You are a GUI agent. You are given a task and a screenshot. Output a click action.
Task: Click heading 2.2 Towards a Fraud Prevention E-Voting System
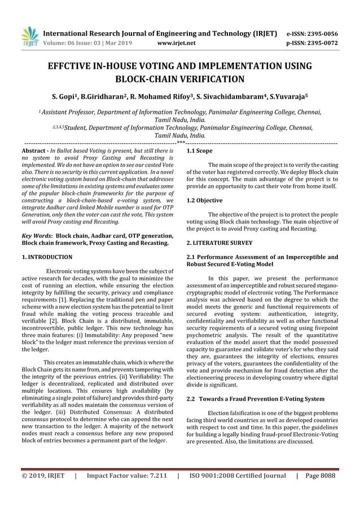pyautogui.click(x=255, y=399)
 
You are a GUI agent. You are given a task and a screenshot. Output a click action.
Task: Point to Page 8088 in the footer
pyautogui.click(x=321, y=475)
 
